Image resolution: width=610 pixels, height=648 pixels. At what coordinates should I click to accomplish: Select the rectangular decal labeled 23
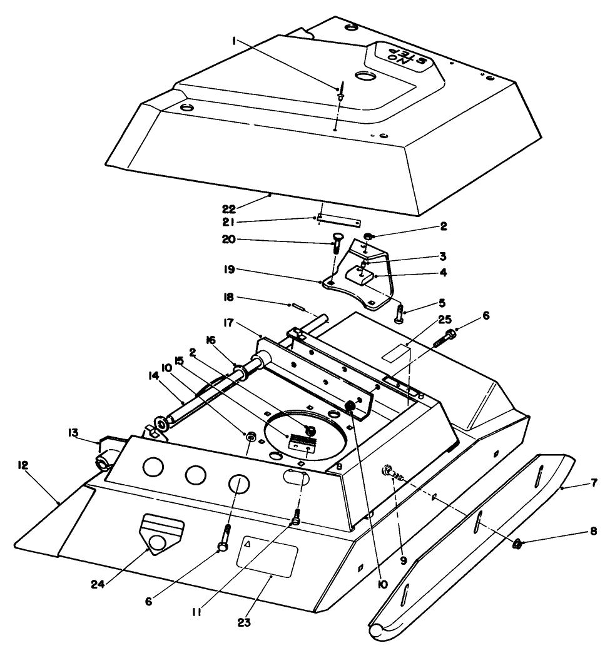266,559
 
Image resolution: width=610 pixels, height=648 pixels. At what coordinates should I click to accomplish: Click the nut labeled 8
518,544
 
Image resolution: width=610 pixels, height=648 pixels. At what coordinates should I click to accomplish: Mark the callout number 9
404,561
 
